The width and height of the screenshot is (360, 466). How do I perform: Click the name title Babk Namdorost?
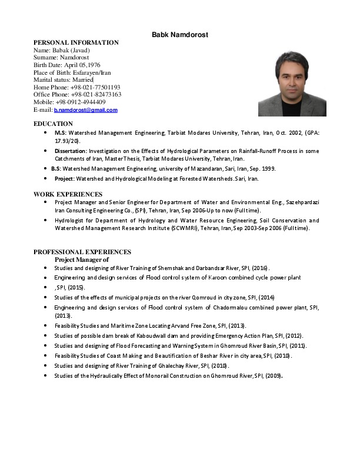click(x=180, y=35)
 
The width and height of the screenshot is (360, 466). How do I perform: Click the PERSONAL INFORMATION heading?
click(x=76, y=43)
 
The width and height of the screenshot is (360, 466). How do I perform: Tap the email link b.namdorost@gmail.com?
click(x=86, y=110)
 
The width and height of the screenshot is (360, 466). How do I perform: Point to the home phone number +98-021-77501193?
click(x=95, y=87)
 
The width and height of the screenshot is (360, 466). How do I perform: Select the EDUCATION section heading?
click(x=53, y=124)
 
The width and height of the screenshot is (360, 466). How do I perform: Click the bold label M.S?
click(x=59, y=134)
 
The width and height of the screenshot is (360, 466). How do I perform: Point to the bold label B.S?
click(x=56, y=168)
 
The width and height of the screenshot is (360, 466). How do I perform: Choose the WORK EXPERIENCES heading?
click(x=68, y=194)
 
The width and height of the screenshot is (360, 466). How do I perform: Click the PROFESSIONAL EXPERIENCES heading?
click(x=82, y=252)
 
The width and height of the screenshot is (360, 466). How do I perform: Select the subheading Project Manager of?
click(x=82, y=259)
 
